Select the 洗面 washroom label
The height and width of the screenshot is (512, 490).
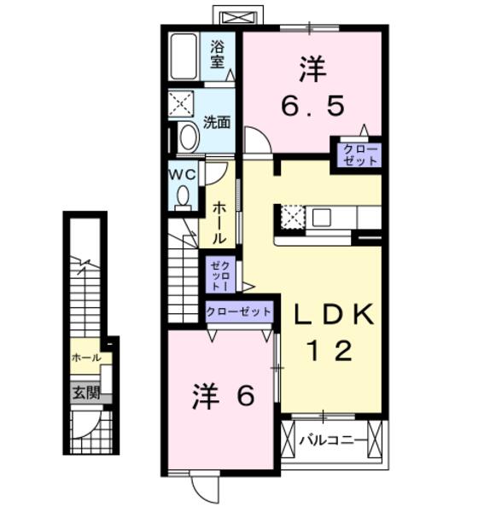217,122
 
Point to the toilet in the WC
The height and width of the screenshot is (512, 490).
182,196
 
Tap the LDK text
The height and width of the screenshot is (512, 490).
334,315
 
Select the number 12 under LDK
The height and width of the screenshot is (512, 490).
333,351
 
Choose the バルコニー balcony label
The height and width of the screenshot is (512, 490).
334,440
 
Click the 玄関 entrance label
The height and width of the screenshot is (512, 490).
85,393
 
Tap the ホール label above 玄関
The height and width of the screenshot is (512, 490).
86,358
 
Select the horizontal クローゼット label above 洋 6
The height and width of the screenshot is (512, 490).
239,312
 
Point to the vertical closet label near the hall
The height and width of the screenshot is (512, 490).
219,276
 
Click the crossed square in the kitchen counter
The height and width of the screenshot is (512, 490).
292,217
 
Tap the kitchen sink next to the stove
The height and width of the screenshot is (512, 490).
321,218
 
